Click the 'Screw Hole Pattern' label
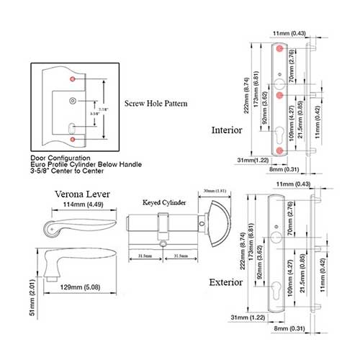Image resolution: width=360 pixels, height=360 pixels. [x=156, y=104]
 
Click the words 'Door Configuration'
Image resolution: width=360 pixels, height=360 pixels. [x=60, y=157]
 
